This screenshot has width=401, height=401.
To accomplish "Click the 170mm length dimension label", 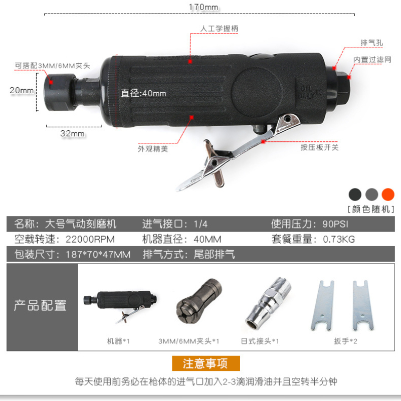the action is pyautogui.click(x=204, y=7).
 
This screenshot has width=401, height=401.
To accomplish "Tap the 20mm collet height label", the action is pyautogui.click(x=22, y=90).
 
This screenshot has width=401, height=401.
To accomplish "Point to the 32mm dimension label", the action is pyautogui.click(x=72, y=133).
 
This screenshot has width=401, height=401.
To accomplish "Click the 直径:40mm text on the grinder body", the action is pyautogui.click(x=143, y=93).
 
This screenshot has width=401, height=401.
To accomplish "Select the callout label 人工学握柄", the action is pyautogui.click(x=219, y=29).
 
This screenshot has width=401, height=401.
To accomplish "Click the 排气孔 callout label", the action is pyautogui.click(x=371, y=43).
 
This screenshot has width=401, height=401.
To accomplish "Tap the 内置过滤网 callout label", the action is pyautogui.click(x=372, y=60).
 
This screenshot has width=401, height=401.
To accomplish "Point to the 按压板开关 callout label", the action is pyautogui.click(x=319, y=147).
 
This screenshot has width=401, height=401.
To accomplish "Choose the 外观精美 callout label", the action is pyautogui.click(x=153, y=148).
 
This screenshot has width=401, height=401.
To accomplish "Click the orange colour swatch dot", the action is pyautogui.click(x=387, y=194).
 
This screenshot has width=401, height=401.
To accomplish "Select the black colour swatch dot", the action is pyautogui.click(x=355, y=194).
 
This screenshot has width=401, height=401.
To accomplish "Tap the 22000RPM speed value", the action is pyautogui.click(x=90, y=240).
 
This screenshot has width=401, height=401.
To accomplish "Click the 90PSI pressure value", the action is pyautogui.click(x=335, y=224).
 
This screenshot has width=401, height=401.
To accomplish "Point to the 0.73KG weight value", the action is pyautogui.click(x=339, y=240).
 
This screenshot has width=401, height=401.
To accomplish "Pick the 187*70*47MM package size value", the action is pyautogui.click(x=98, y=255).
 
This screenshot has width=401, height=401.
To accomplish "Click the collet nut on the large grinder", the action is pyautogui.click(x=59, y=92).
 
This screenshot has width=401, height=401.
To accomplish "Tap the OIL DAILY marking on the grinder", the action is pyautogui.click(x=307, y=92).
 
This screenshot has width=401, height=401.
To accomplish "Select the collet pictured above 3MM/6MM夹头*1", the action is pyautogui.click(x=198, y=301).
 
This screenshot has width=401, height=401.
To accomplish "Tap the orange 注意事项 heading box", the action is pyautogui.click(x=206, y=363).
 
